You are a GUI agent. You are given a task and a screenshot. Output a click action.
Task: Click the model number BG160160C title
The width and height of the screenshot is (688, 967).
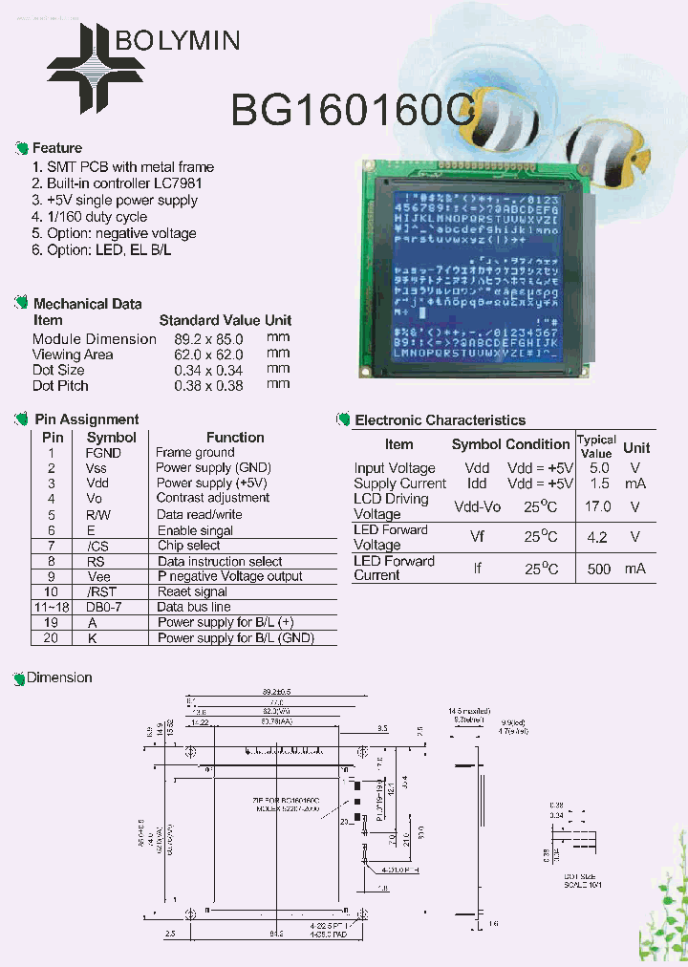point(352,112)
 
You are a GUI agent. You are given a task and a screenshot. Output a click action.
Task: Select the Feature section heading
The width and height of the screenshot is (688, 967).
point(56,148)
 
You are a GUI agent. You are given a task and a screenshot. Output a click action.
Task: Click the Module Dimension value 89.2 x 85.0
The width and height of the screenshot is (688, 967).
point(208,339)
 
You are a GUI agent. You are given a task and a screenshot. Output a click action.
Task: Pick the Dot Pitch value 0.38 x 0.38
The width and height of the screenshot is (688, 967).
point(208,386)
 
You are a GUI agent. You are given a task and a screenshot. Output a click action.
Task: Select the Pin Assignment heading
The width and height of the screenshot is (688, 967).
point(86,419)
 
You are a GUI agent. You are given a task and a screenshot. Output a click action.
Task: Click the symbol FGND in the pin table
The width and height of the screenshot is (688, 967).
point(103,453)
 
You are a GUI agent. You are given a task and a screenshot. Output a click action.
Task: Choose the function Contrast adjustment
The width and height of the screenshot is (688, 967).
point(212,498)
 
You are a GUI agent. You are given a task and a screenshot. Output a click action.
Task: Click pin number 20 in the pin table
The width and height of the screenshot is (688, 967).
point(52,637)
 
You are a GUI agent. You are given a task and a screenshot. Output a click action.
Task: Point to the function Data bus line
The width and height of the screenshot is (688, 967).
point(194,607)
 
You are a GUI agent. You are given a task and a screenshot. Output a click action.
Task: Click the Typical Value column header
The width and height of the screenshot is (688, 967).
point(596,446)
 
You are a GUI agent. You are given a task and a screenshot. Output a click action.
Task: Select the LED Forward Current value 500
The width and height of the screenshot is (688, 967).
point(599,569)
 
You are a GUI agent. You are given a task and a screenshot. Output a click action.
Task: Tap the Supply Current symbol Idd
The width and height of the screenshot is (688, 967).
point(476,483)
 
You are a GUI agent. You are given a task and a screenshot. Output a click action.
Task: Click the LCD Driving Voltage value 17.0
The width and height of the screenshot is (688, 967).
point(598,506)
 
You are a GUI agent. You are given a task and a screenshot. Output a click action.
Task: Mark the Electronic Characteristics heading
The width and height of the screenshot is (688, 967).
point(440,420)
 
